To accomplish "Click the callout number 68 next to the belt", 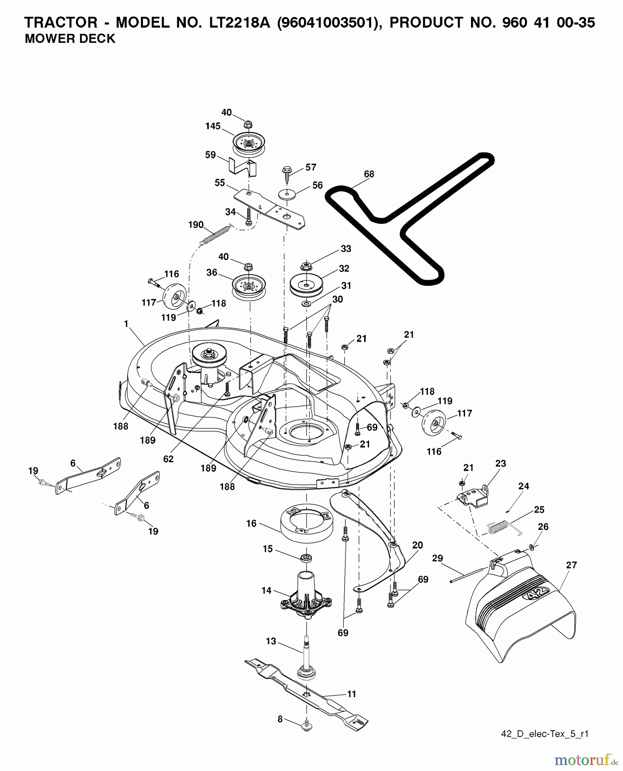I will (x=369, y=174).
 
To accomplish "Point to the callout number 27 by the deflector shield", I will (x=571, y=565).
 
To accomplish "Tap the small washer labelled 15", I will (x=307, y=558).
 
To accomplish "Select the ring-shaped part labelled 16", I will (x=306, y=523).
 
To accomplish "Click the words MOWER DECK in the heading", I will (x=70, y=39).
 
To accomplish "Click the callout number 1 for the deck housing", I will (x=126, y=324).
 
